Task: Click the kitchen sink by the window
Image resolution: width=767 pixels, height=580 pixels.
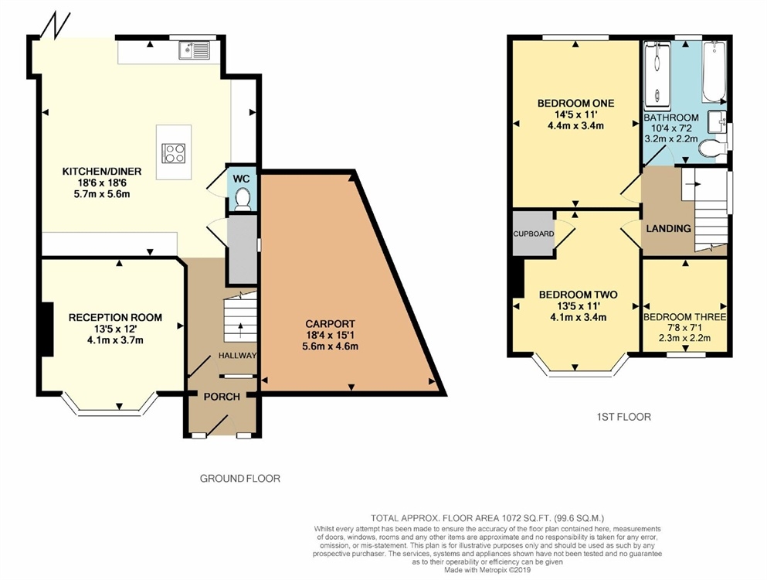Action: point(194,50)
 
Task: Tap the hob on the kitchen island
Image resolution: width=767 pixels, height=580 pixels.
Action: point(174,152)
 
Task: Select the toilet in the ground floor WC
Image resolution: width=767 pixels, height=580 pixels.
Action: point(242,200)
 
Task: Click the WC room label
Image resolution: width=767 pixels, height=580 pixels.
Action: point(241,179)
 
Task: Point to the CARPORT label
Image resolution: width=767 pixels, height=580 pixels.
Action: point(330,324)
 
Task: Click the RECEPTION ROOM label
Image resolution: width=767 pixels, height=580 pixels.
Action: point(115,317)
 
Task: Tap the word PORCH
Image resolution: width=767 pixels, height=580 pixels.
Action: point(222,396)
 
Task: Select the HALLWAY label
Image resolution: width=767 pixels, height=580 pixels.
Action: point(237,355)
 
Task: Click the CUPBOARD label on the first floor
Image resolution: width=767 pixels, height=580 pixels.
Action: point(534,234)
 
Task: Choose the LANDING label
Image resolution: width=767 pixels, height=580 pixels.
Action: point(668,228)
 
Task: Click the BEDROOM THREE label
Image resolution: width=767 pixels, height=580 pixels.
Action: point(685,317)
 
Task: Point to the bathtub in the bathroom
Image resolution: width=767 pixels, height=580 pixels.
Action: point(714,72)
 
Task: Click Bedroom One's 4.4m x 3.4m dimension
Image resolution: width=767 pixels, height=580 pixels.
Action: point(575,126)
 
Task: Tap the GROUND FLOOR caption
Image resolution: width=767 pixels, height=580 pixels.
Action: point(240,478)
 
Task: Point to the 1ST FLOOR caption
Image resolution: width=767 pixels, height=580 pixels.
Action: point(623,417)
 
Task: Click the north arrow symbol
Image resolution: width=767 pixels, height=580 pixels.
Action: point(56,25)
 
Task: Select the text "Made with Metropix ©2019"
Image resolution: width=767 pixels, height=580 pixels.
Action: point(487,570)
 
